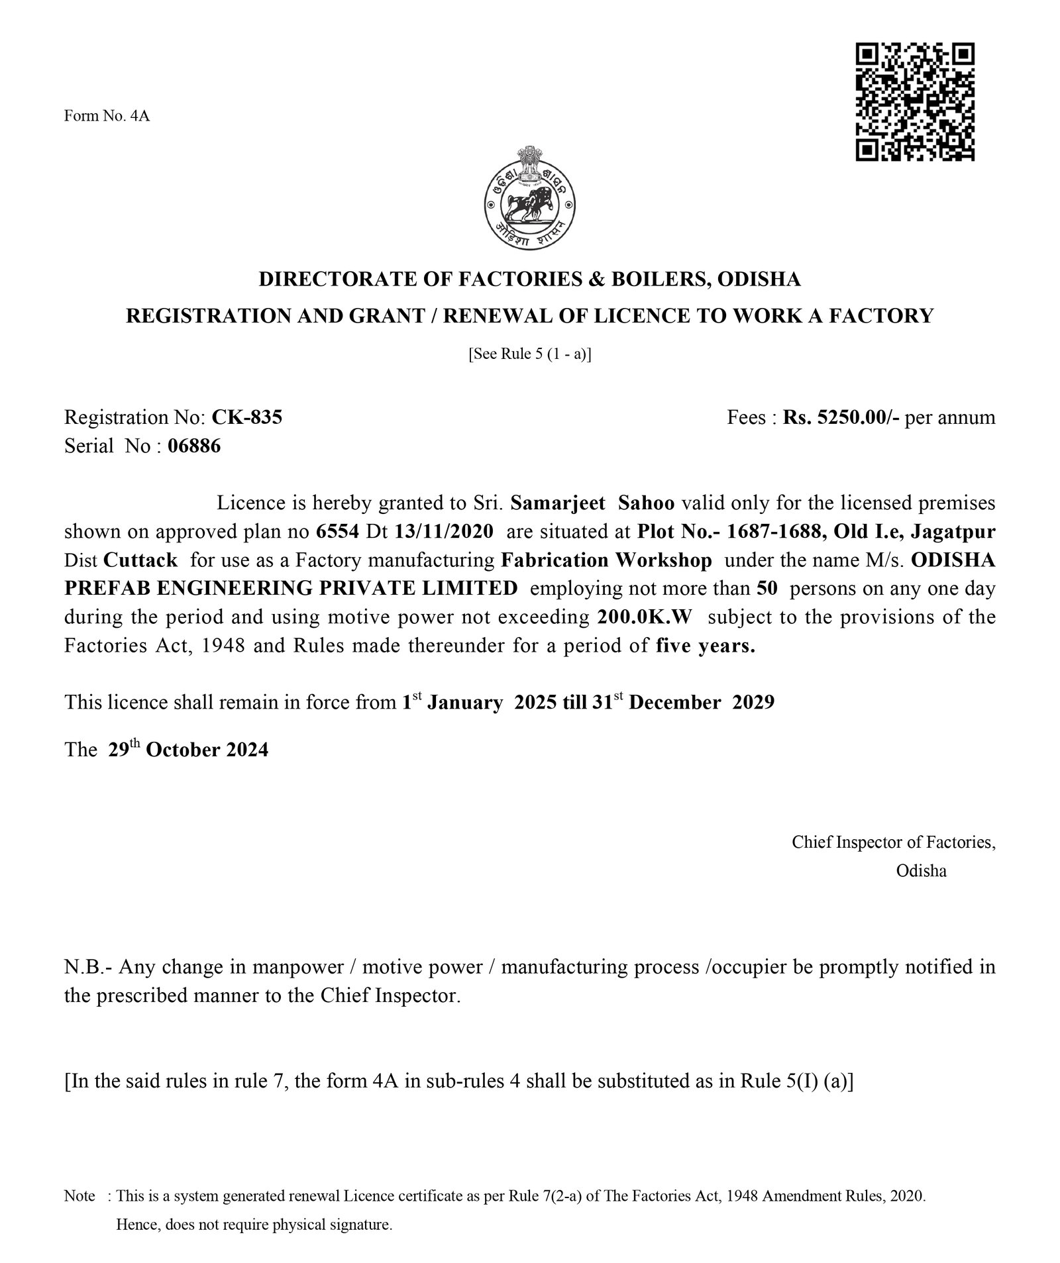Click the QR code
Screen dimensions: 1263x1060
[915, 103]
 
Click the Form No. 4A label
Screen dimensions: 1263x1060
[107, 117]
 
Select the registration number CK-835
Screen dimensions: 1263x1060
[246, 417]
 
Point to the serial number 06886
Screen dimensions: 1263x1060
[194, 446]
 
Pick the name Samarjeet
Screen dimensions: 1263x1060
[558, 503]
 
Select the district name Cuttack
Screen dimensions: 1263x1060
[140, 560]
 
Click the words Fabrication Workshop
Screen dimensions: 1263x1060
[606, 560]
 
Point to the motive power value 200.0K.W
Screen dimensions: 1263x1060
[639, 617]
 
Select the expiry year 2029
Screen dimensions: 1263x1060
[753, 702]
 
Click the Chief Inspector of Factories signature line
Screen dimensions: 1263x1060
[893, 842]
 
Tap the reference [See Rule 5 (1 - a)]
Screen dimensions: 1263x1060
[529, 354]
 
